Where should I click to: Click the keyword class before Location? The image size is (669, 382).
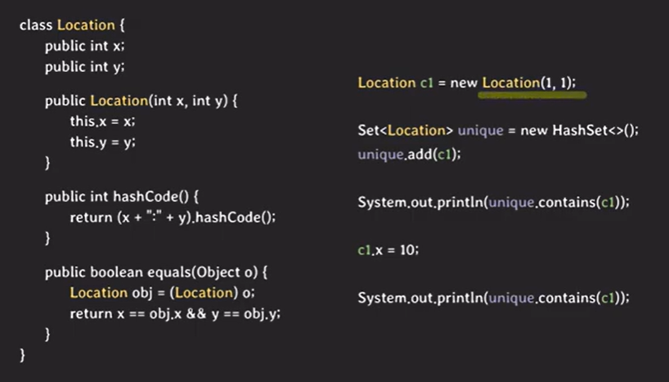pos(35,25)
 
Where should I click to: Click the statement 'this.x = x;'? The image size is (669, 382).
pos(102,121)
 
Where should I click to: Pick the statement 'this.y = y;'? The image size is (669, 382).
pos(102,142)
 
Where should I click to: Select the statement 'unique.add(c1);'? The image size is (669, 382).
pos(409,153)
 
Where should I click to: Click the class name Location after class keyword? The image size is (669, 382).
pos(86,25)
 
